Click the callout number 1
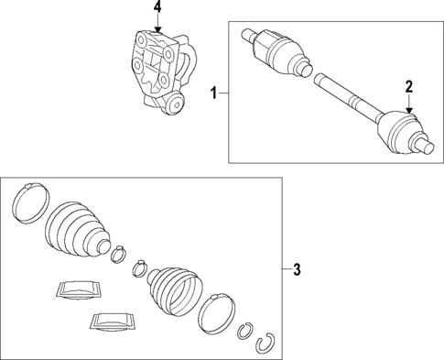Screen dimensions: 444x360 (x=214, y=93)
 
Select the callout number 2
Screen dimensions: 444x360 (x=409, y=87)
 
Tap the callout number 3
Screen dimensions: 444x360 (x=297, y=269)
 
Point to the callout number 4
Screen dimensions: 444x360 (x=157, y=7)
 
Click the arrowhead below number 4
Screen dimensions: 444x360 (x=157, y=29)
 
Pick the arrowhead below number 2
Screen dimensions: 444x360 (x=409, y=110)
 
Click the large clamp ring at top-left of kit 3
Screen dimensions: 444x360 (x=31, y=203)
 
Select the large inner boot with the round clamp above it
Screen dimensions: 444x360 (x=77, y=228)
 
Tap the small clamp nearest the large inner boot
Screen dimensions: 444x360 (x=118, y=254)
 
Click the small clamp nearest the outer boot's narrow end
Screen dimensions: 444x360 (x=140, y=268)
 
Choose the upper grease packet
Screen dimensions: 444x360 (x=79, y=289)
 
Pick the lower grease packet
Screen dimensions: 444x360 (x=113, y=322)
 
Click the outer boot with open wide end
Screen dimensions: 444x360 (x=175, y=290)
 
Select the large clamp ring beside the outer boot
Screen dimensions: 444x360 (x=217, y=313)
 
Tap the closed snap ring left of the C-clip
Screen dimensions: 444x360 (x=245, y=331)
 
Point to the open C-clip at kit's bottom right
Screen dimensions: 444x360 (x=265, y=342)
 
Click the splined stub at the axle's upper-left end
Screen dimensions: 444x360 (x=248, y=35)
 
